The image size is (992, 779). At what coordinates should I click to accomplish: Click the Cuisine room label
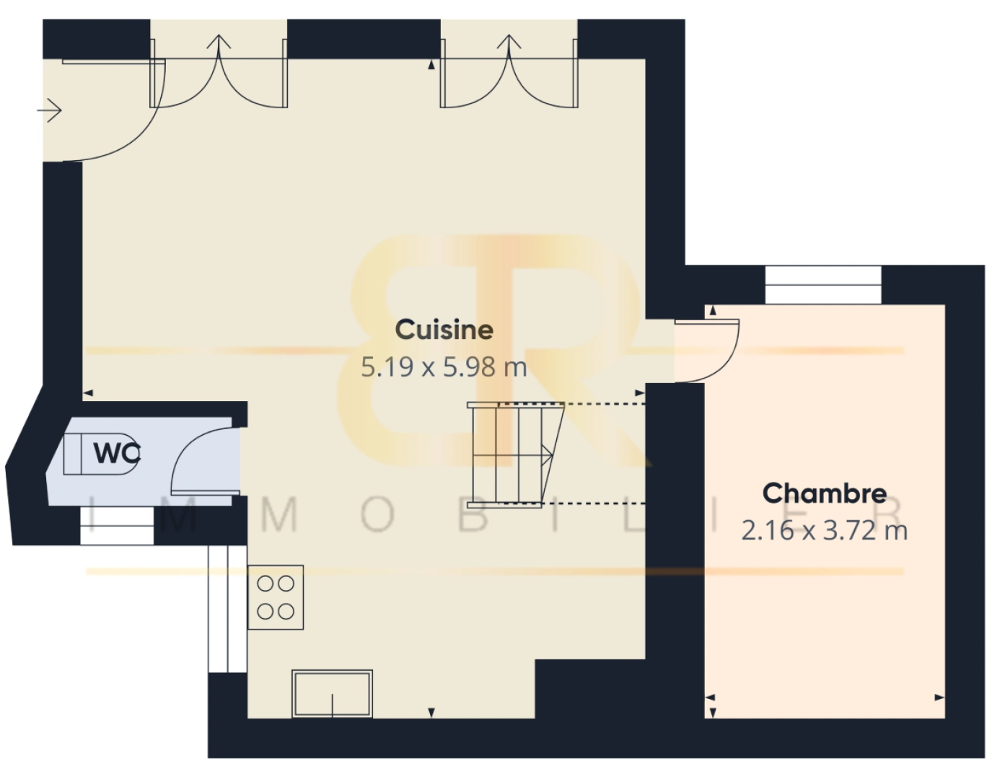(444, 330)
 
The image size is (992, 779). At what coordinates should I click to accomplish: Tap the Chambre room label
(825, 493)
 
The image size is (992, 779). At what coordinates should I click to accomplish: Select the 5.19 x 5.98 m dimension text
(444, 367)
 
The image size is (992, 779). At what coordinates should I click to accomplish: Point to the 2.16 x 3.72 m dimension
(825, 530)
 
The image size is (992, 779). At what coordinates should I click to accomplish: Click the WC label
(117, 453)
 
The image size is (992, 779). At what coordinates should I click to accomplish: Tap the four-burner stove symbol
(276, 597)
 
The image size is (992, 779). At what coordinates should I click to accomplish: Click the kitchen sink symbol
(332, 694)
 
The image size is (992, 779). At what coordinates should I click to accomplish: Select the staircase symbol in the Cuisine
(516, 454)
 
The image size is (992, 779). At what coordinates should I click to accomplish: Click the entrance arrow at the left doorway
(49, 110)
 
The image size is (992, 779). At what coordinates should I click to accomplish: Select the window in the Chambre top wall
(823, 285)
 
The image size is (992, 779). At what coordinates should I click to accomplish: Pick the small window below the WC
(117, 525)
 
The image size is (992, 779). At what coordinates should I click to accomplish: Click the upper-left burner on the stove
(265, 584)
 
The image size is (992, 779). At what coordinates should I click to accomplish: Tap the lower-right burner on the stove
(286, 612)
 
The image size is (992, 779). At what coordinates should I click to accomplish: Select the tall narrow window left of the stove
(227, 609)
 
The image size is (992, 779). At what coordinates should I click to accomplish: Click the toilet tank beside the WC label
(72, 454)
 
